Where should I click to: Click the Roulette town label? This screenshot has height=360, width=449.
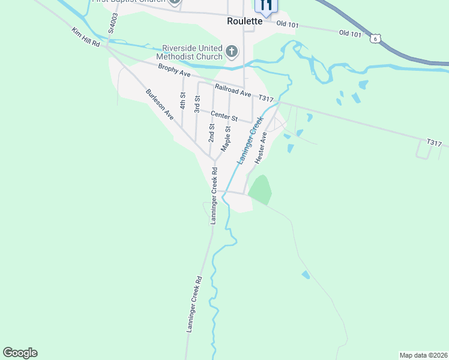point(245,20)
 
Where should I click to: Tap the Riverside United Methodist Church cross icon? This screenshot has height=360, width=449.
point(232,52)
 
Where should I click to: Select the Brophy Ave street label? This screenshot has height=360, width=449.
point(174,71)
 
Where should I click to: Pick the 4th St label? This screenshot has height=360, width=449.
point(182,100)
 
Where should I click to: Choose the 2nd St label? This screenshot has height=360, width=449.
point(211,132)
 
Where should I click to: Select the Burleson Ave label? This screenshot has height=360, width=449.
point(160,104)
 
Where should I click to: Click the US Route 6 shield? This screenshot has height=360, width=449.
point(375,38)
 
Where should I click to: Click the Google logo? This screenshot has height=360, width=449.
point(20,353)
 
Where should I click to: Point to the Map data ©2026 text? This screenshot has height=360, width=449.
point(424,355)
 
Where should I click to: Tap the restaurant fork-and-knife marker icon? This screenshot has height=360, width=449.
point(267,6)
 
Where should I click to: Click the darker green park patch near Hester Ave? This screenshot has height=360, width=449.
point(261,189)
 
